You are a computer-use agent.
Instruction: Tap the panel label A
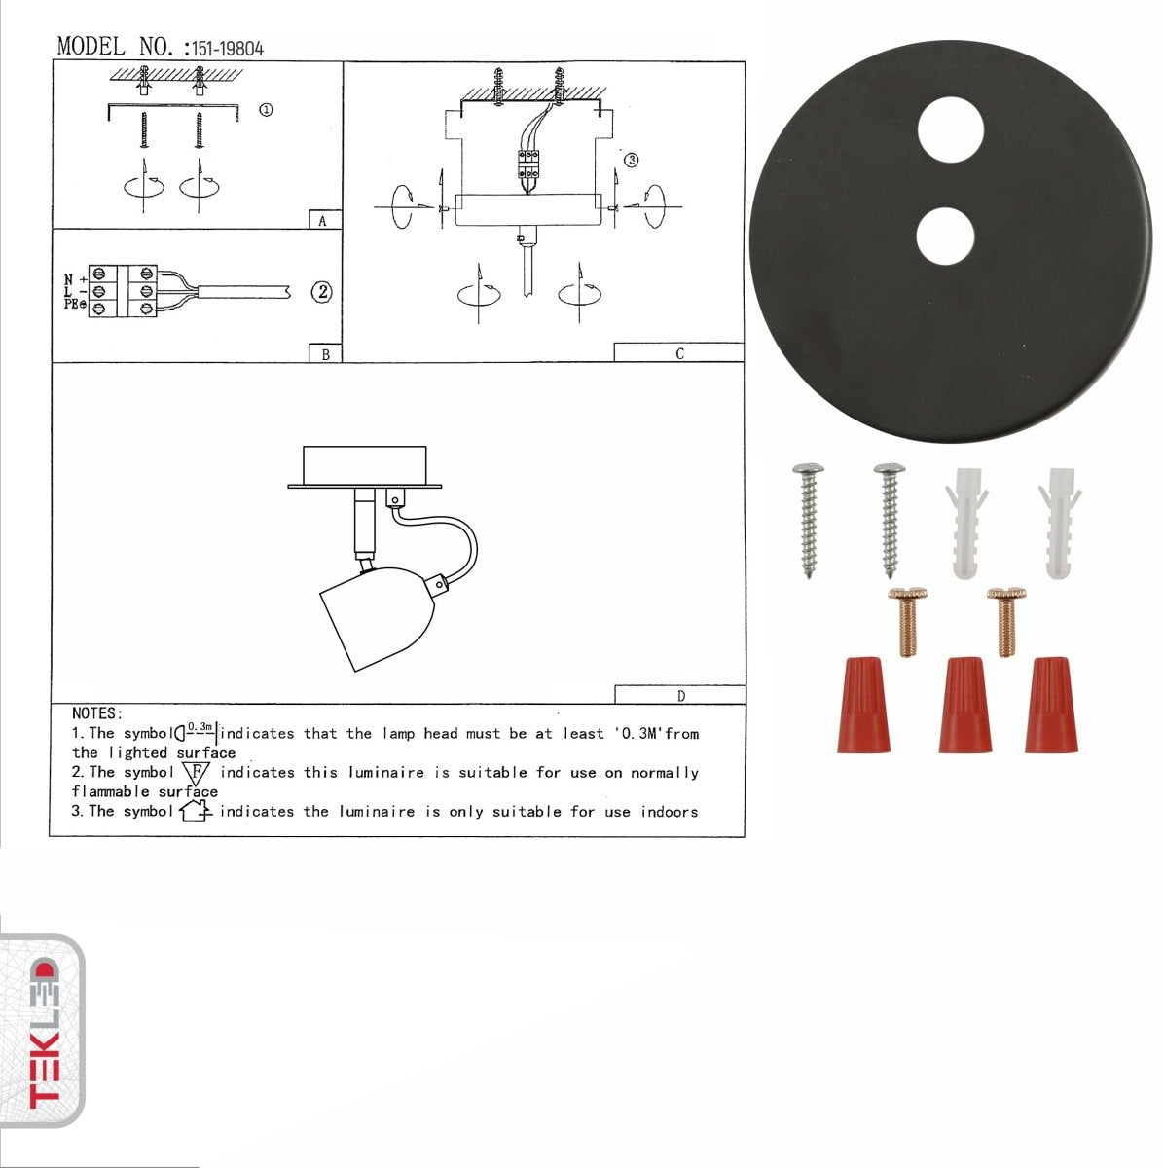tap(323, 221)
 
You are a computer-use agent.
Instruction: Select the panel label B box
tap(325, 354)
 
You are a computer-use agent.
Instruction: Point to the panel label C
tap(679, 353)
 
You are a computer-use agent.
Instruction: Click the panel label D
tap(680, 695)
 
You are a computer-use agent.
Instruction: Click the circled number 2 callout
tap(321, 292)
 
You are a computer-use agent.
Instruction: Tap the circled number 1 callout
tap(265, 110)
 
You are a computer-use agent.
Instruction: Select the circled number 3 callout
tap(631, 160)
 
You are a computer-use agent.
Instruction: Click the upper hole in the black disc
tap(952, 130)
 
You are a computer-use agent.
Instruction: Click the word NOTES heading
tap(96, 713)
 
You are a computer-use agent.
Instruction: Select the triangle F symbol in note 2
tap(197, 774)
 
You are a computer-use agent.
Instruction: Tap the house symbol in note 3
tap(196, 810)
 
